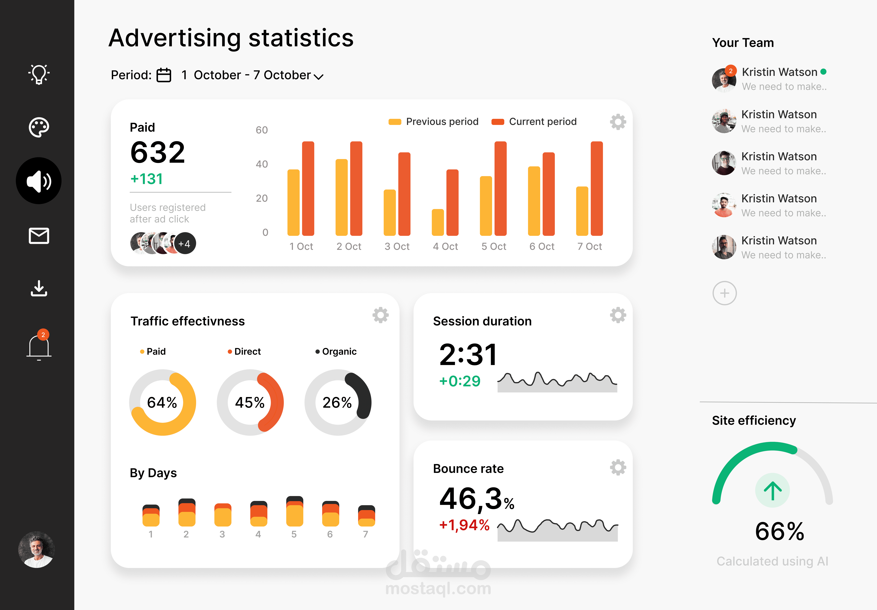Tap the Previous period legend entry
[x=433, y=122]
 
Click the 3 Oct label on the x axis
[x=397, y=246]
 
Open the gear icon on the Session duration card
[x=618, y=315]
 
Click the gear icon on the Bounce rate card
[x=618, y=467]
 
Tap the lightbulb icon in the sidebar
[x=39, y=74]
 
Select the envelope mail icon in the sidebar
[x=39, y=236]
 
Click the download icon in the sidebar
[x=39, y=289]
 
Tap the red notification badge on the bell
[x=43, y=335]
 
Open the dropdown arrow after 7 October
[x=319, y=76]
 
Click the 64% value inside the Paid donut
[x=162, y=403]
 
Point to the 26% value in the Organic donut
[x=337, y=403]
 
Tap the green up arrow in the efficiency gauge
[x=772, y=490]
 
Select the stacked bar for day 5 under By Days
[x=294, y=511]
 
